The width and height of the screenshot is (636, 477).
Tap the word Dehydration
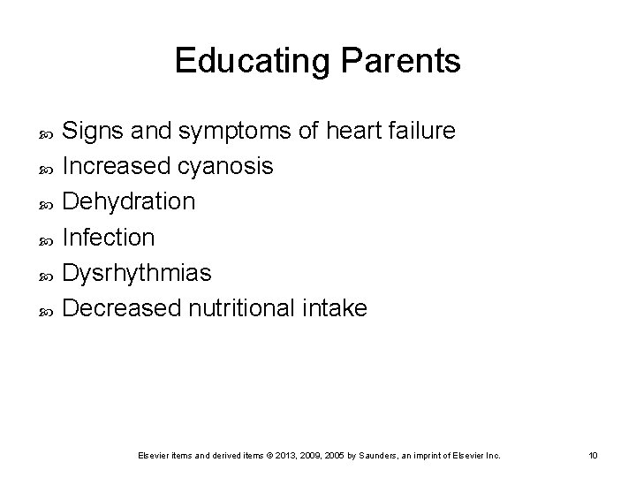pos(130,202)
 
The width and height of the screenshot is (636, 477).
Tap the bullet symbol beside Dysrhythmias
pos(49,275)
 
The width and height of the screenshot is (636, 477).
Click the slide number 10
pos(593,455)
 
